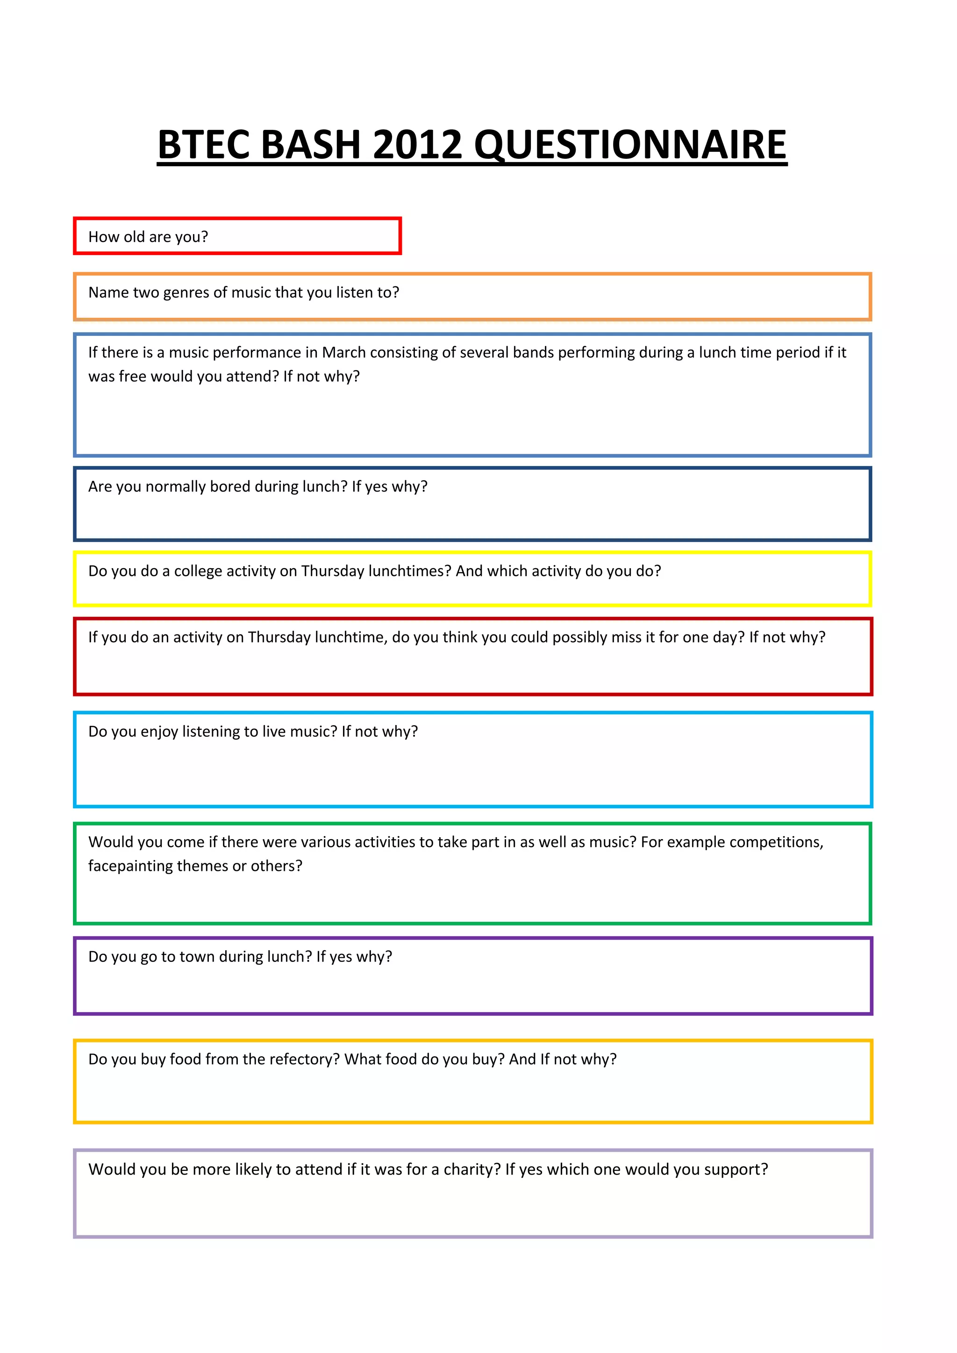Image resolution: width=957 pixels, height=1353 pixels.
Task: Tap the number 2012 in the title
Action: pos(417,144)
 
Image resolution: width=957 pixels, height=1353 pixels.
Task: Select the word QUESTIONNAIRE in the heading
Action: pos(630,144)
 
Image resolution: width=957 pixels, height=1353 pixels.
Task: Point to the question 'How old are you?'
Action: pos(148,237)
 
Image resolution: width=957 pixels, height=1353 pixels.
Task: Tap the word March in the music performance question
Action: pos(343,352)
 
